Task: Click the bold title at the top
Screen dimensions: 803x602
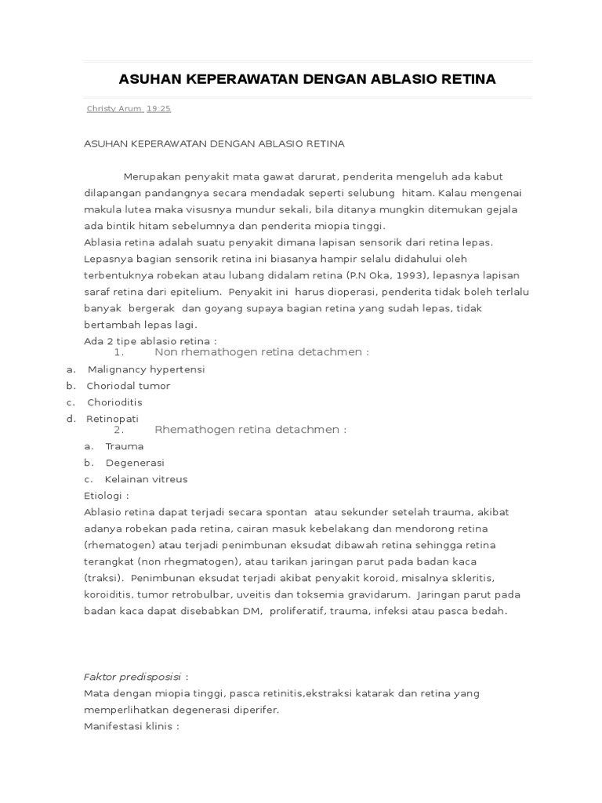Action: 306,79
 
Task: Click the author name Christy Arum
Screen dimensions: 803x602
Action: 113,109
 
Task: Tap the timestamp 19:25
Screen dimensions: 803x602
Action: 158,109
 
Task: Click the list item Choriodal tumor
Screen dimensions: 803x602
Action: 129,386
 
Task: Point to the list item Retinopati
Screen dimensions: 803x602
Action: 112,419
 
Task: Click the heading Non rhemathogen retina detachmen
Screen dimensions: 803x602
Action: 261,352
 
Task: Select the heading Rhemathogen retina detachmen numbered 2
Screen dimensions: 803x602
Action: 250,430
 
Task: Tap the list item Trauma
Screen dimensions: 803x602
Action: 125,446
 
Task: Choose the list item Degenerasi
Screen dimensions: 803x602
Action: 135,463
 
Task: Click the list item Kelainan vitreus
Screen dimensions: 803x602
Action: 147,479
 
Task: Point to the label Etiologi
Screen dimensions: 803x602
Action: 106,496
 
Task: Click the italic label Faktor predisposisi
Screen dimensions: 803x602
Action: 132,677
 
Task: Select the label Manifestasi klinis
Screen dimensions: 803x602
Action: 130,726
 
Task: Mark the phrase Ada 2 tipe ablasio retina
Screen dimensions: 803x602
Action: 149,341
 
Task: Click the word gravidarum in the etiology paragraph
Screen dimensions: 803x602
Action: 377,594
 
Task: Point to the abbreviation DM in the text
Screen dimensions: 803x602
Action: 256,611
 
